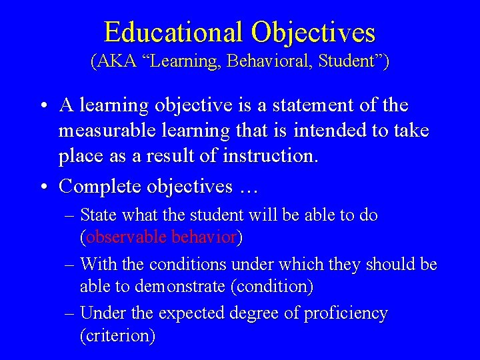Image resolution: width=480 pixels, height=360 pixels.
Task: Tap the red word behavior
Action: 204,237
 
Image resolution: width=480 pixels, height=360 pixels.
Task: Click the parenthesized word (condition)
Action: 281,287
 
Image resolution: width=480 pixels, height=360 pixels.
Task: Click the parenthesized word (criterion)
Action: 117,336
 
